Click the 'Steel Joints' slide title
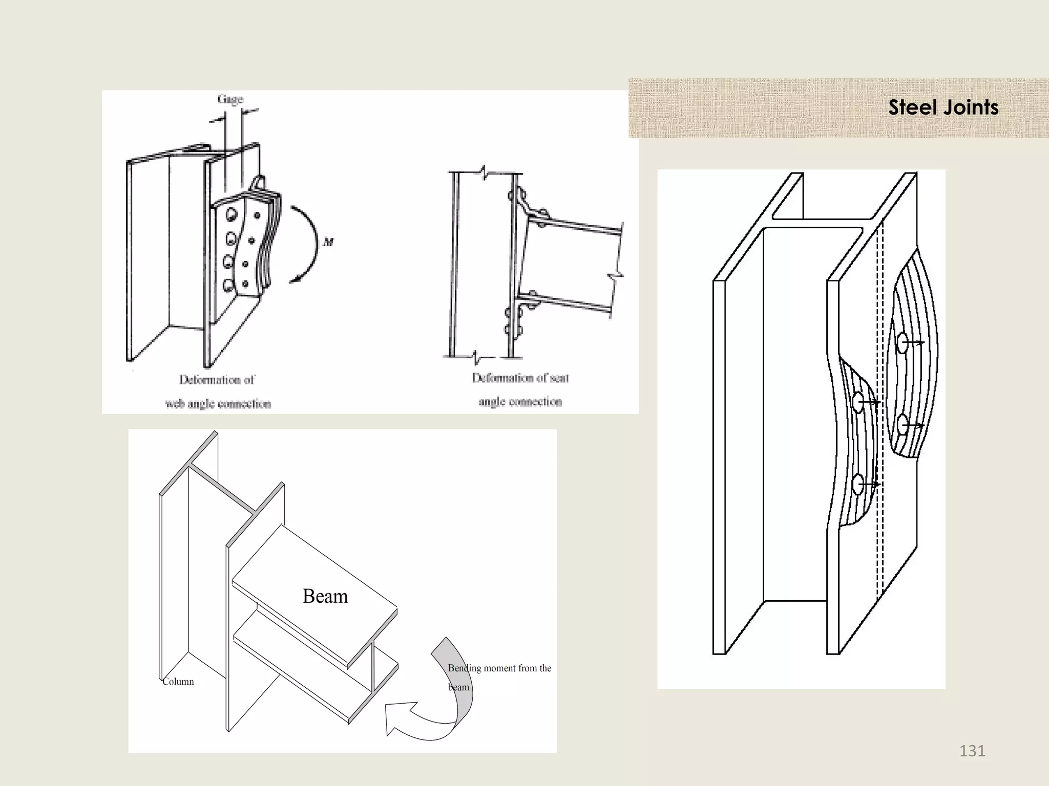[x=943, y=107]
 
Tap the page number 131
[x=972, y=751]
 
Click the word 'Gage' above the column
[x=230, y=99]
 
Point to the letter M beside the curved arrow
[x=328, y=242]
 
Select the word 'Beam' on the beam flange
[x=325, y=596]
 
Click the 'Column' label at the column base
[x=178, y=682]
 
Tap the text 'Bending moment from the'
[x=499, y=668]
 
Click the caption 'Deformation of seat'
[x=520, y=378]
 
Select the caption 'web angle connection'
[x=218, y=404]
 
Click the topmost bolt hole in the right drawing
[x=902, y=343]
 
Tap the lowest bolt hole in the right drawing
[x=858, y=484]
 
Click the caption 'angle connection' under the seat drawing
[x=520, y=402]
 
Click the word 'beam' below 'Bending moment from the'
[x=458, y=687]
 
